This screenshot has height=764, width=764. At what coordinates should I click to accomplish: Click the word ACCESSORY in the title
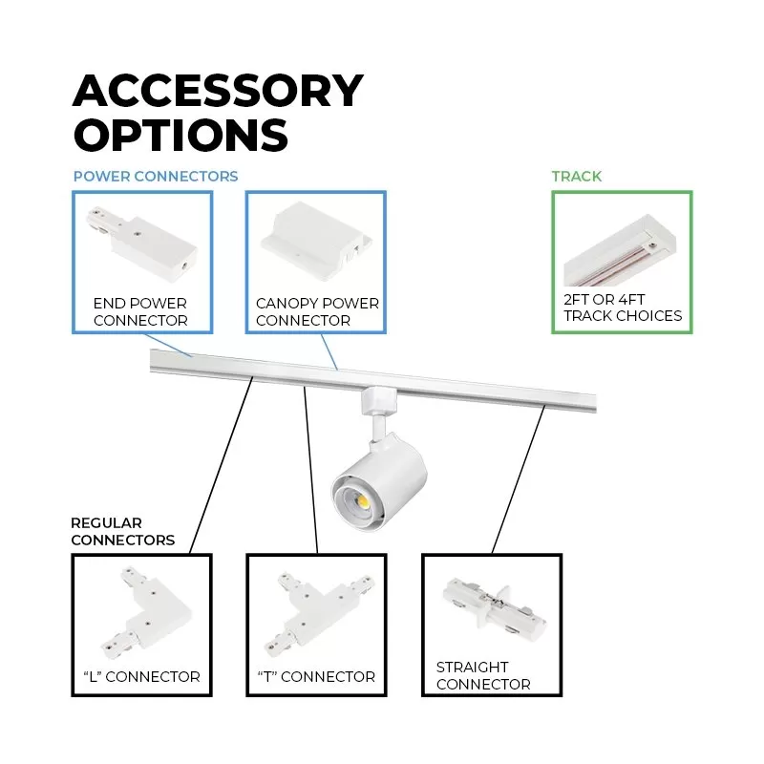218,91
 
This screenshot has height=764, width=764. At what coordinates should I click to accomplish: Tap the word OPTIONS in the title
180,135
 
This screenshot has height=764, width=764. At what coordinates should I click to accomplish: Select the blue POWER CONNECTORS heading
156,177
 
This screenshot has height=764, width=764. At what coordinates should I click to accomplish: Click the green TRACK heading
577,177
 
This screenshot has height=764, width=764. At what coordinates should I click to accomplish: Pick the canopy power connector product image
316,241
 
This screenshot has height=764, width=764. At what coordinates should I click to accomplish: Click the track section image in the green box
620,250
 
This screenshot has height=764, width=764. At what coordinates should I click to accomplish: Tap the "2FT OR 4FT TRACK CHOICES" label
623,308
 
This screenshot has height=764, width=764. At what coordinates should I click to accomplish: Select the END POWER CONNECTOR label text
140,312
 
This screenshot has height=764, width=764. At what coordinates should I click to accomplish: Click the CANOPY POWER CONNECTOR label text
317,312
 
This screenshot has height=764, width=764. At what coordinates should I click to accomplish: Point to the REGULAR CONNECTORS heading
123,532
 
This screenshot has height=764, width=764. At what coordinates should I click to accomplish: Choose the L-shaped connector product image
146,613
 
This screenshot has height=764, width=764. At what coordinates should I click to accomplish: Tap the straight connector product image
494,609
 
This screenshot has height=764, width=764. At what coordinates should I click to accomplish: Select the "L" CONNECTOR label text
141,677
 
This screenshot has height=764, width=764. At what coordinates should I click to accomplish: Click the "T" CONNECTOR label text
317,677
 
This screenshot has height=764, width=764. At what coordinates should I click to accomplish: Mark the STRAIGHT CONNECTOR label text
483,675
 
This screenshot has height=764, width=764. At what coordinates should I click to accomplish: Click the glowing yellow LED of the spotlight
363,500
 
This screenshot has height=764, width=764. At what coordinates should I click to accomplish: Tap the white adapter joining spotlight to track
378,400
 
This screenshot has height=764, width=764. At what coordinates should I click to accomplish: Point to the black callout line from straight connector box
519,479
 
